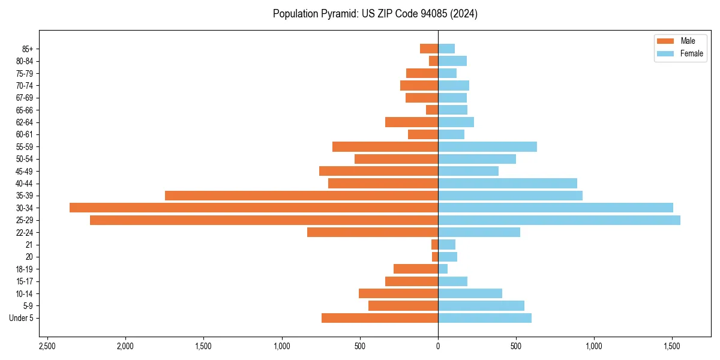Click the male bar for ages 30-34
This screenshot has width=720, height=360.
254,208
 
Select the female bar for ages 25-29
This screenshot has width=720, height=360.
559,220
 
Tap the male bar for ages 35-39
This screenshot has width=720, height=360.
301,196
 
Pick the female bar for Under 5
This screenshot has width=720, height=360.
485,318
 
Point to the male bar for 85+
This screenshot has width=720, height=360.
429,49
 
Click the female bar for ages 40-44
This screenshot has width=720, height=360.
508,183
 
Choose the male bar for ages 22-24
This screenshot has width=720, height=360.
373,232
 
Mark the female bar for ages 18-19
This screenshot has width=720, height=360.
443,269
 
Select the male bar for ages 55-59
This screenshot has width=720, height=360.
385,146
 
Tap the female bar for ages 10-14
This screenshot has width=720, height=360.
470,293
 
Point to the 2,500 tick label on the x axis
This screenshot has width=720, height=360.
47,346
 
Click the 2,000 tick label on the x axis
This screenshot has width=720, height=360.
125,346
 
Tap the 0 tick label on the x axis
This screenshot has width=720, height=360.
438,346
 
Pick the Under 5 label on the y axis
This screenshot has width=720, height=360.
21,318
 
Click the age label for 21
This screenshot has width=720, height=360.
29,245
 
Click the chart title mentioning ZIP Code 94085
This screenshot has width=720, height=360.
375,14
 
